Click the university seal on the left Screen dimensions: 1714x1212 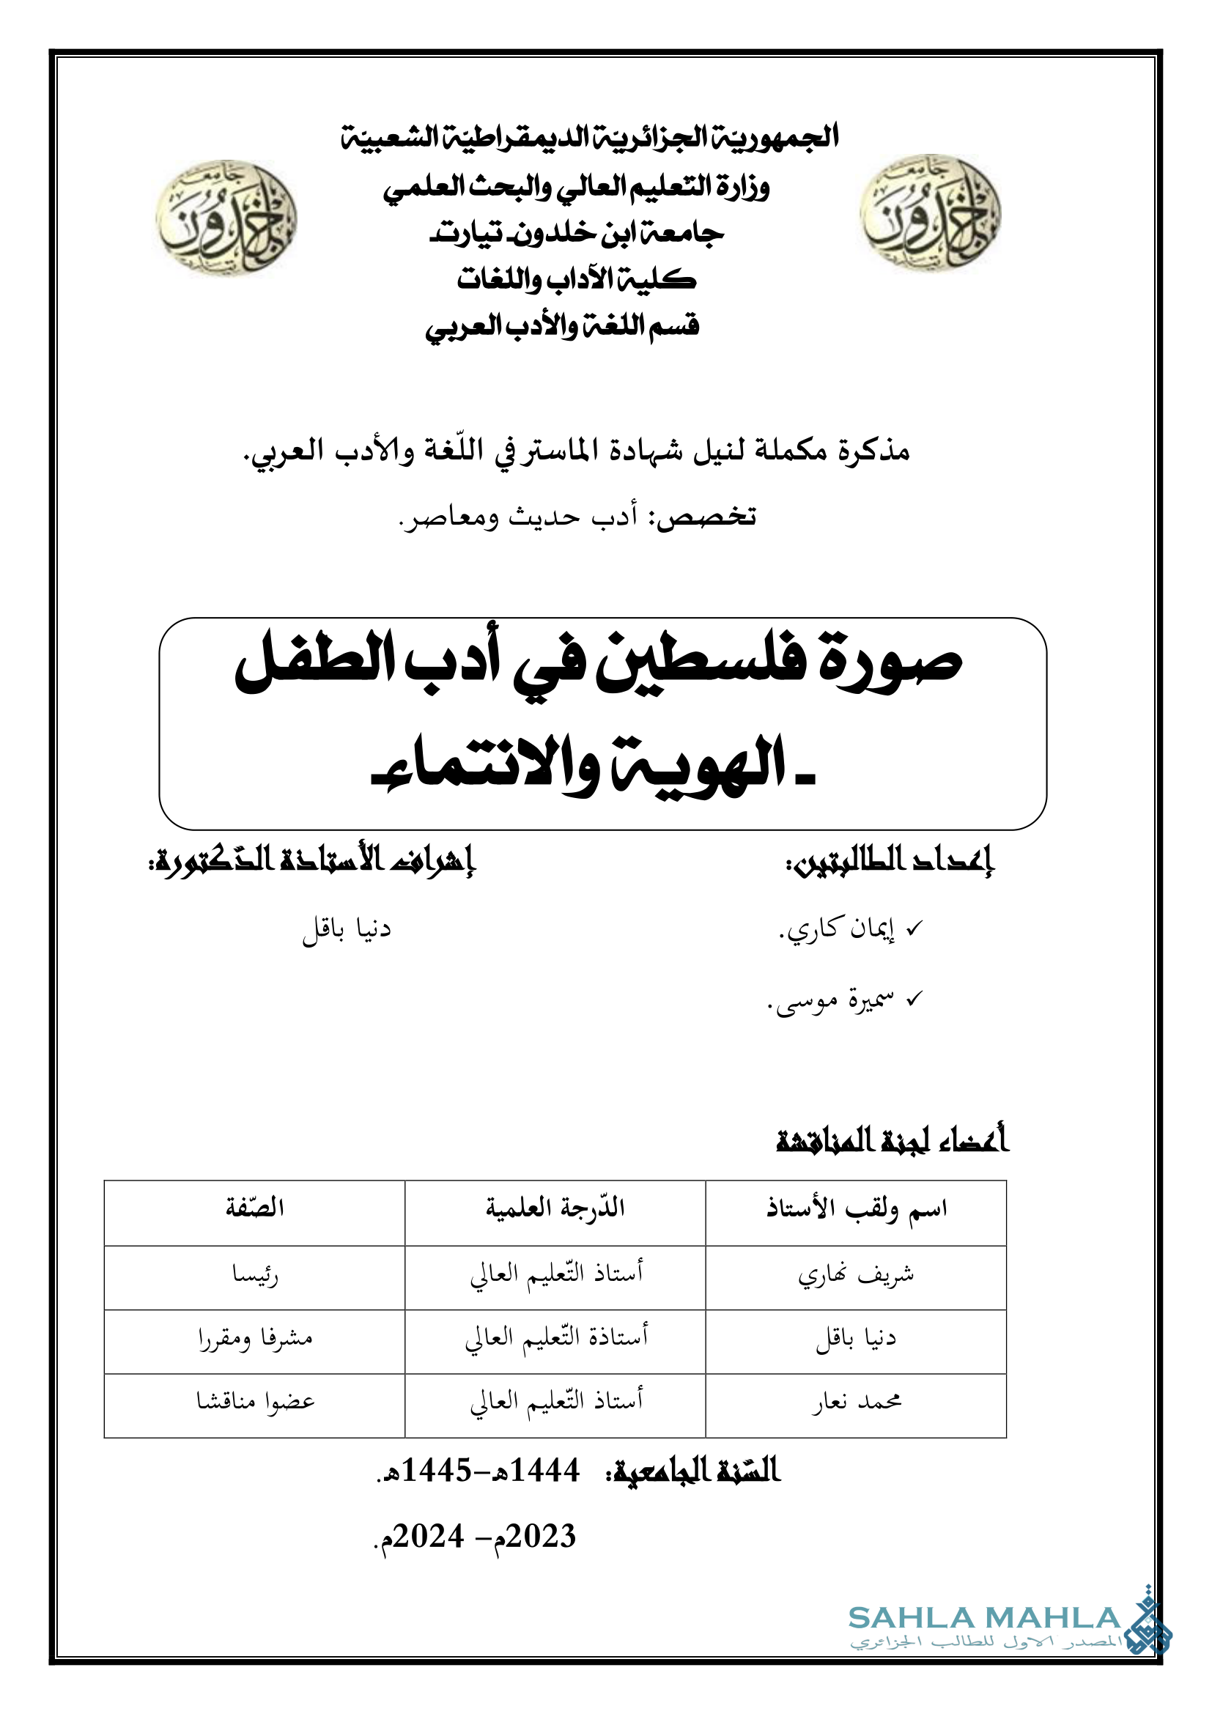pyautogui.click(x=226, y=218)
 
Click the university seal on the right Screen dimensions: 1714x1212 pyautogui.click(x=930, y=213)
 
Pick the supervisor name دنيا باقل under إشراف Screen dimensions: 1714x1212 pyautogui.click(x=347, y=929)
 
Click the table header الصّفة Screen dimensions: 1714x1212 pyautogui.click(x=254, y=1208)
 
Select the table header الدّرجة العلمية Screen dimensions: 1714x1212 pyautogui.click(x=555, y=1208)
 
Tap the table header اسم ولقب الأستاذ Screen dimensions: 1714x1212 pyautogui.click(x=856, y=1208)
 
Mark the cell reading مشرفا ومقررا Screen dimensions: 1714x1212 pyautogui.click(x=254, y=1339)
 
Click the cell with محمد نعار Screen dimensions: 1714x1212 pyautogui.click(x=856, y=1402)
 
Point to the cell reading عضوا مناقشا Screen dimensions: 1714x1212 pyautogui.click(x=254, y=1402)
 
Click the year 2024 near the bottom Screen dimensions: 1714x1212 pyautogui.click(x=429, y=1537)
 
